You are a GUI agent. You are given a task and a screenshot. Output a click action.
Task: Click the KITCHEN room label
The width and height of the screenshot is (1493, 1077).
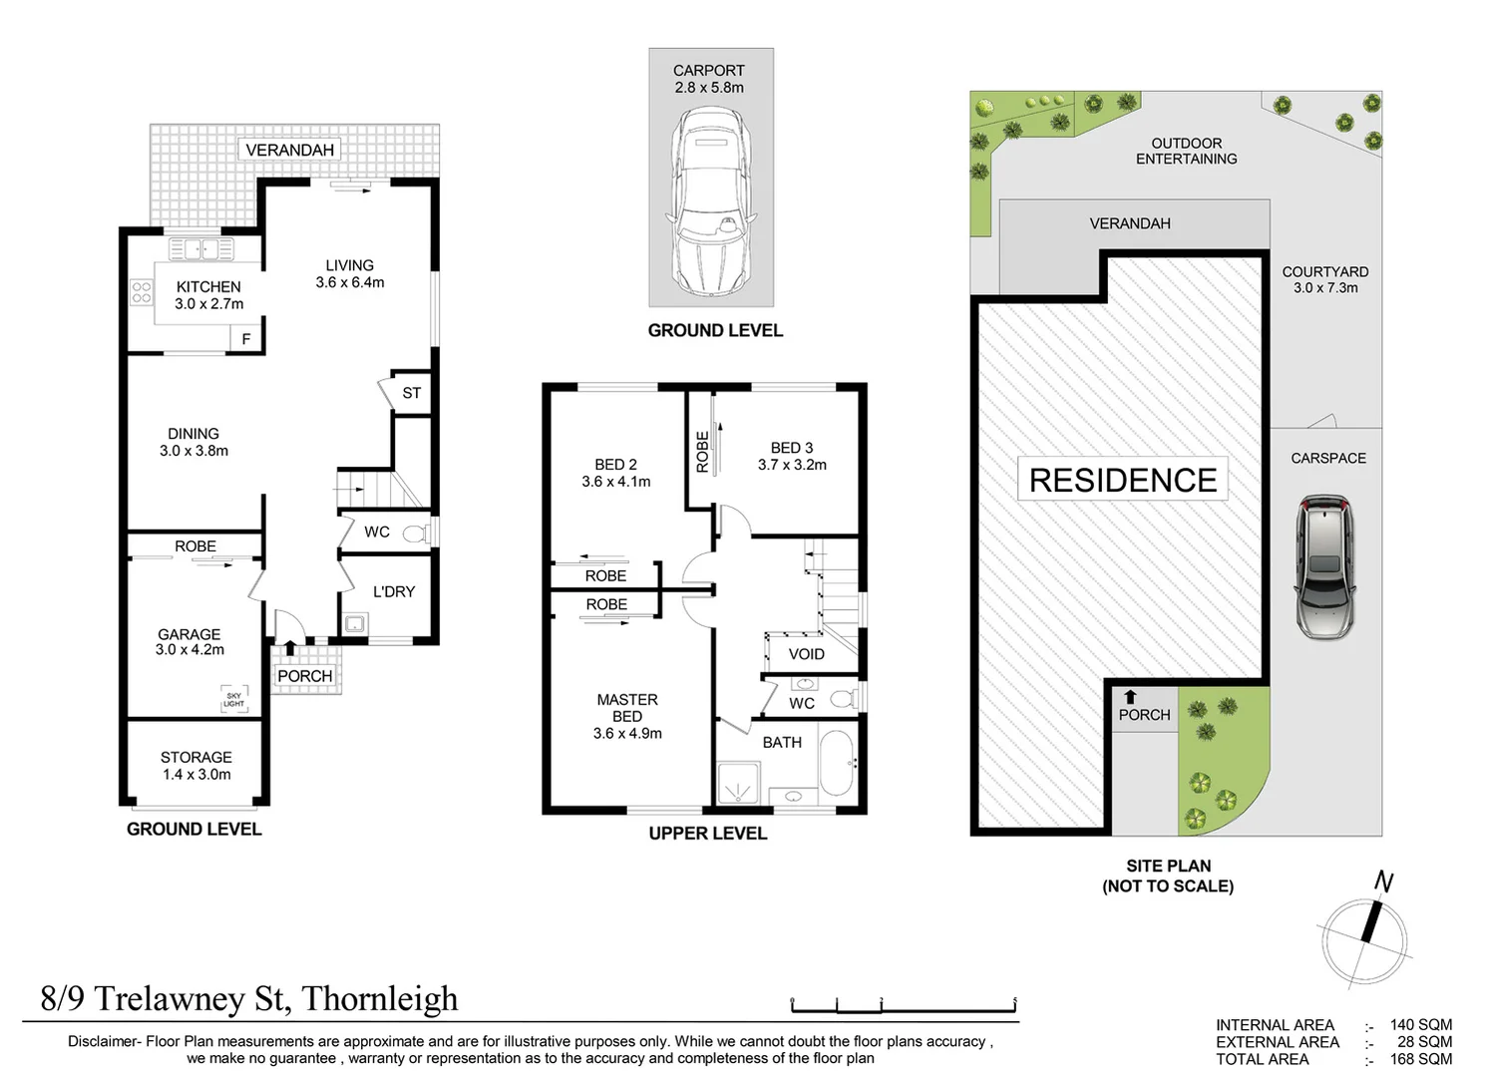click(x=208, y=287)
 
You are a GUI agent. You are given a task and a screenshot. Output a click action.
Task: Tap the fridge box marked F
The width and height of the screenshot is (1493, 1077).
click(x=246, y=339)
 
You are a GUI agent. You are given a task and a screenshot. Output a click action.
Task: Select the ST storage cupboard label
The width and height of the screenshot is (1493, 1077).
click(x=411, y=393)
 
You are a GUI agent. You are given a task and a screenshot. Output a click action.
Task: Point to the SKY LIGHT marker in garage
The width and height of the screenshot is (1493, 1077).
click(x=233, y=700)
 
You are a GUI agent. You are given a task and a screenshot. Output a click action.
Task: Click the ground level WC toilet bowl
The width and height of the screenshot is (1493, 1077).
click(x=417, y=534)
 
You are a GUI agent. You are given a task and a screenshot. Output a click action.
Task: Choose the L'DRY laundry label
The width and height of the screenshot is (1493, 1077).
click(x=393, y=591)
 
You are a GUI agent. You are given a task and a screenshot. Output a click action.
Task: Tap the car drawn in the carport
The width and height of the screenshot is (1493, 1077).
click(x=711, y=199)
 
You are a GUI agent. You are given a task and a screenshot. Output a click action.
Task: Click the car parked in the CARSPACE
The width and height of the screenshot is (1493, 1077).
click(x=1325, y=565)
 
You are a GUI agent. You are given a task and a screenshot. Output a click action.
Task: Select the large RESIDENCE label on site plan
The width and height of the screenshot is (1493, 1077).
click(x=1122, y=480)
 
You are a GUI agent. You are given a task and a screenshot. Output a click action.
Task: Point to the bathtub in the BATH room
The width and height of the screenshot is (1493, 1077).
click(x=836, y=763)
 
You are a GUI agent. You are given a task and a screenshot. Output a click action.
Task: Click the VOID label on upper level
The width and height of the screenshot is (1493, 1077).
click(x=806, y=654)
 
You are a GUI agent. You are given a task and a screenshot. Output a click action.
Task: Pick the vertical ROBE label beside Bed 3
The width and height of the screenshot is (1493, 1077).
click(x=702, y=451)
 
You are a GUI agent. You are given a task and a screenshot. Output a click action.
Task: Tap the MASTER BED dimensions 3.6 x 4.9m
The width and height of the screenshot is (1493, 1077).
click(x=627, y=733)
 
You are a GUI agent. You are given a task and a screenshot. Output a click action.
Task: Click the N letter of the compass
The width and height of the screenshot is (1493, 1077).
click(x=1383, y=882)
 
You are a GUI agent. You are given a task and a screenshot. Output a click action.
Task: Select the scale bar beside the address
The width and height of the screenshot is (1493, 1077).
click(x=903, y=1004)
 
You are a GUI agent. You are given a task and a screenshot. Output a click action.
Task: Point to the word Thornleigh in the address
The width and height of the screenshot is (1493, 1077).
click(x=380, y=998)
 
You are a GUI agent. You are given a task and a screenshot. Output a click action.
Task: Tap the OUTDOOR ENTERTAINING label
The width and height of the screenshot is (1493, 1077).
click(x=1186, y=151)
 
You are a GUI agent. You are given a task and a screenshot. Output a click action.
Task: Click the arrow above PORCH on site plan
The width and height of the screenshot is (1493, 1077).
click(x=1130, y=697)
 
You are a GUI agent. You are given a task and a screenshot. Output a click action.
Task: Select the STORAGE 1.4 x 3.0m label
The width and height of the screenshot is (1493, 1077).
click(x=196, y=766)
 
